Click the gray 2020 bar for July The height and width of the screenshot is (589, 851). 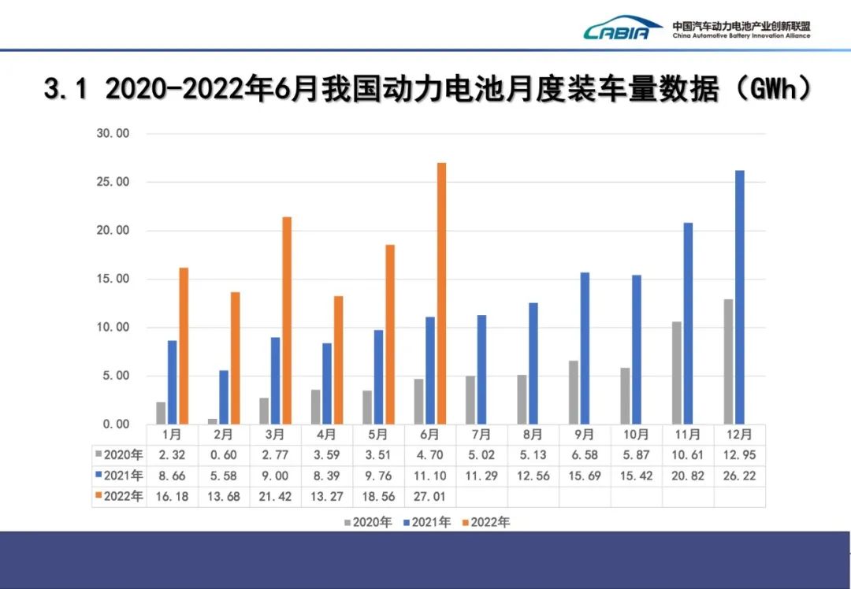tap(470, 399)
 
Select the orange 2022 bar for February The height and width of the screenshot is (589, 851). tap(235, 357)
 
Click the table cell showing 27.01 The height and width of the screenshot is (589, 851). tap(430, 497)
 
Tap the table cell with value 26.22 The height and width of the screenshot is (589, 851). tap(739, 476)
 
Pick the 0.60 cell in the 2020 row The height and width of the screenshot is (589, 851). tap(224, 455)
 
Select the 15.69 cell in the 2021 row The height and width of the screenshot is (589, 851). tap(585, 476)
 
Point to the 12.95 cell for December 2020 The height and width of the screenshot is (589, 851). tap(739, 455)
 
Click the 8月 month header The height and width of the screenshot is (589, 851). tap(533, 435)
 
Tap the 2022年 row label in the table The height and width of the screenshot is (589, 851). tap(120, 497)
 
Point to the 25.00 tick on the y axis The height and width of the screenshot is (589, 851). tap(112, 182)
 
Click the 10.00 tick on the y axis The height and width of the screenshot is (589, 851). tap(112, 328)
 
